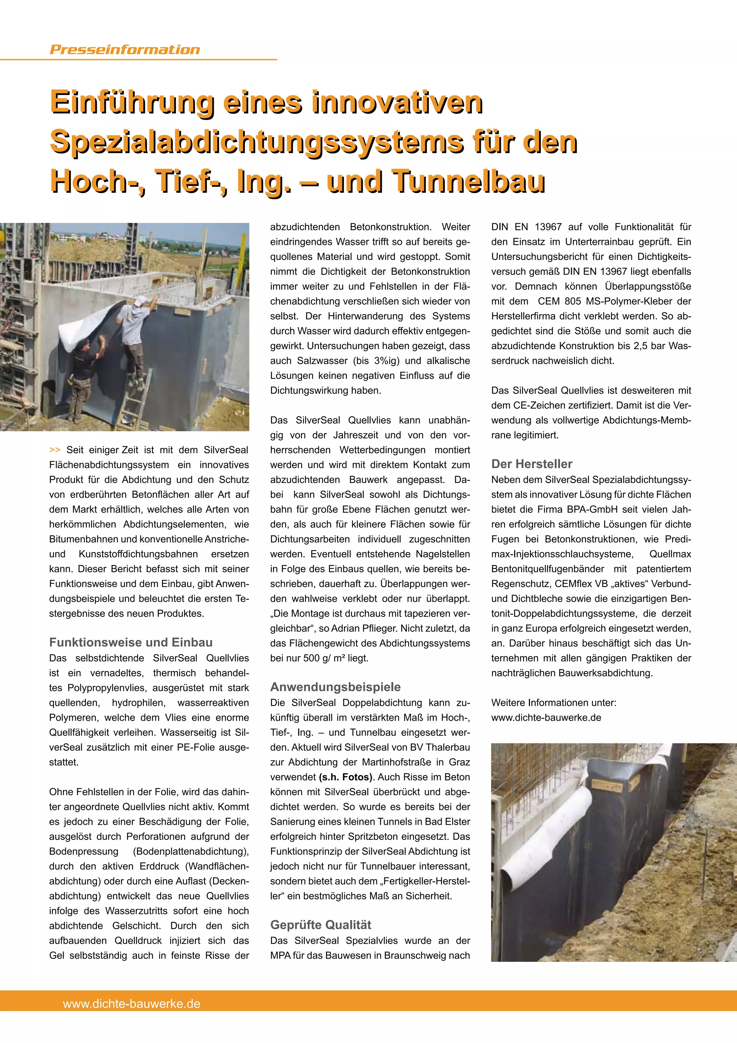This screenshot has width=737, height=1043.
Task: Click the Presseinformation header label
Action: [125, 49]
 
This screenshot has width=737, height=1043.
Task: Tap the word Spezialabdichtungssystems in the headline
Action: [257, 142]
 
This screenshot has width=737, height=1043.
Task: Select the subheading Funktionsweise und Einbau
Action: [131, 643]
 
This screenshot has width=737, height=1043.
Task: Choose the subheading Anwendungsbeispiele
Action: [335, 687]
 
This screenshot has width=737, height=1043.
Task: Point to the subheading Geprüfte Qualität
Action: [320, 925]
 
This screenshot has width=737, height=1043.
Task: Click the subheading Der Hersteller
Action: [532, 464]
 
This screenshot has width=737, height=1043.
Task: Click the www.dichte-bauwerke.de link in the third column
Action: [546, 718]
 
